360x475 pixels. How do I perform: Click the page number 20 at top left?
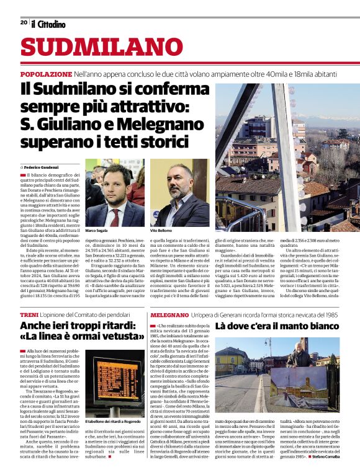(23, 22)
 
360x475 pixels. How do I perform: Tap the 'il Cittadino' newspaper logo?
(48, 24)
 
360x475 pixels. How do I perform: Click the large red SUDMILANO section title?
(93, 47)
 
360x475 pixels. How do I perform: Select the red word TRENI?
(30, 315)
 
